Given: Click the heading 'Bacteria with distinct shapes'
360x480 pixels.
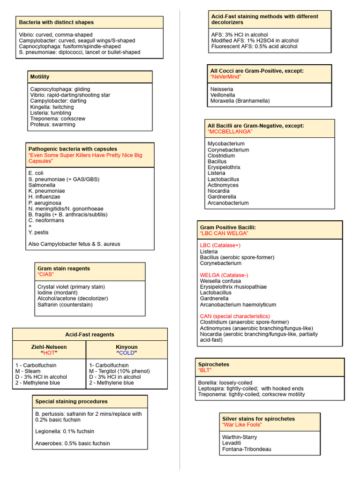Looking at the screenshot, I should click(x=56, y=22).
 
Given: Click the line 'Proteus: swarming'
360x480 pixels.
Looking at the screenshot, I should click(x=52, y=125).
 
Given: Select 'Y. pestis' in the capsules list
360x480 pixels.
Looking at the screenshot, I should click(x=38, y=232).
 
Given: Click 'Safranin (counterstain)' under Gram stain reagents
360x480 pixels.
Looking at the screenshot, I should click(x=65, y=305).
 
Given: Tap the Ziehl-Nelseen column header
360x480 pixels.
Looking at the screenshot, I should click(x=49, y=347).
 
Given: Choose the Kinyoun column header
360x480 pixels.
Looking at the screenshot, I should click(x=127, y=347).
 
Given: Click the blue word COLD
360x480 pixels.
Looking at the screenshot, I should click(x=127, y=353).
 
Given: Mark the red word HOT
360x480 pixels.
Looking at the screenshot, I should click(x=49, y=353).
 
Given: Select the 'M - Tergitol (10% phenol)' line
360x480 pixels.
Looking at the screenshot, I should click(x=119, y=371).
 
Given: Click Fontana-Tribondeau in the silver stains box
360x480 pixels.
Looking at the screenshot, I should click(x=247, y=449).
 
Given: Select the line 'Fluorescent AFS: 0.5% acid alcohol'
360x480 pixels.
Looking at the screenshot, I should click(x=254, y=46).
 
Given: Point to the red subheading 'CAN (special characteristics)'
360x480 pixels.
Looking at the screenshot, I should click(x=235, y=316).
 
